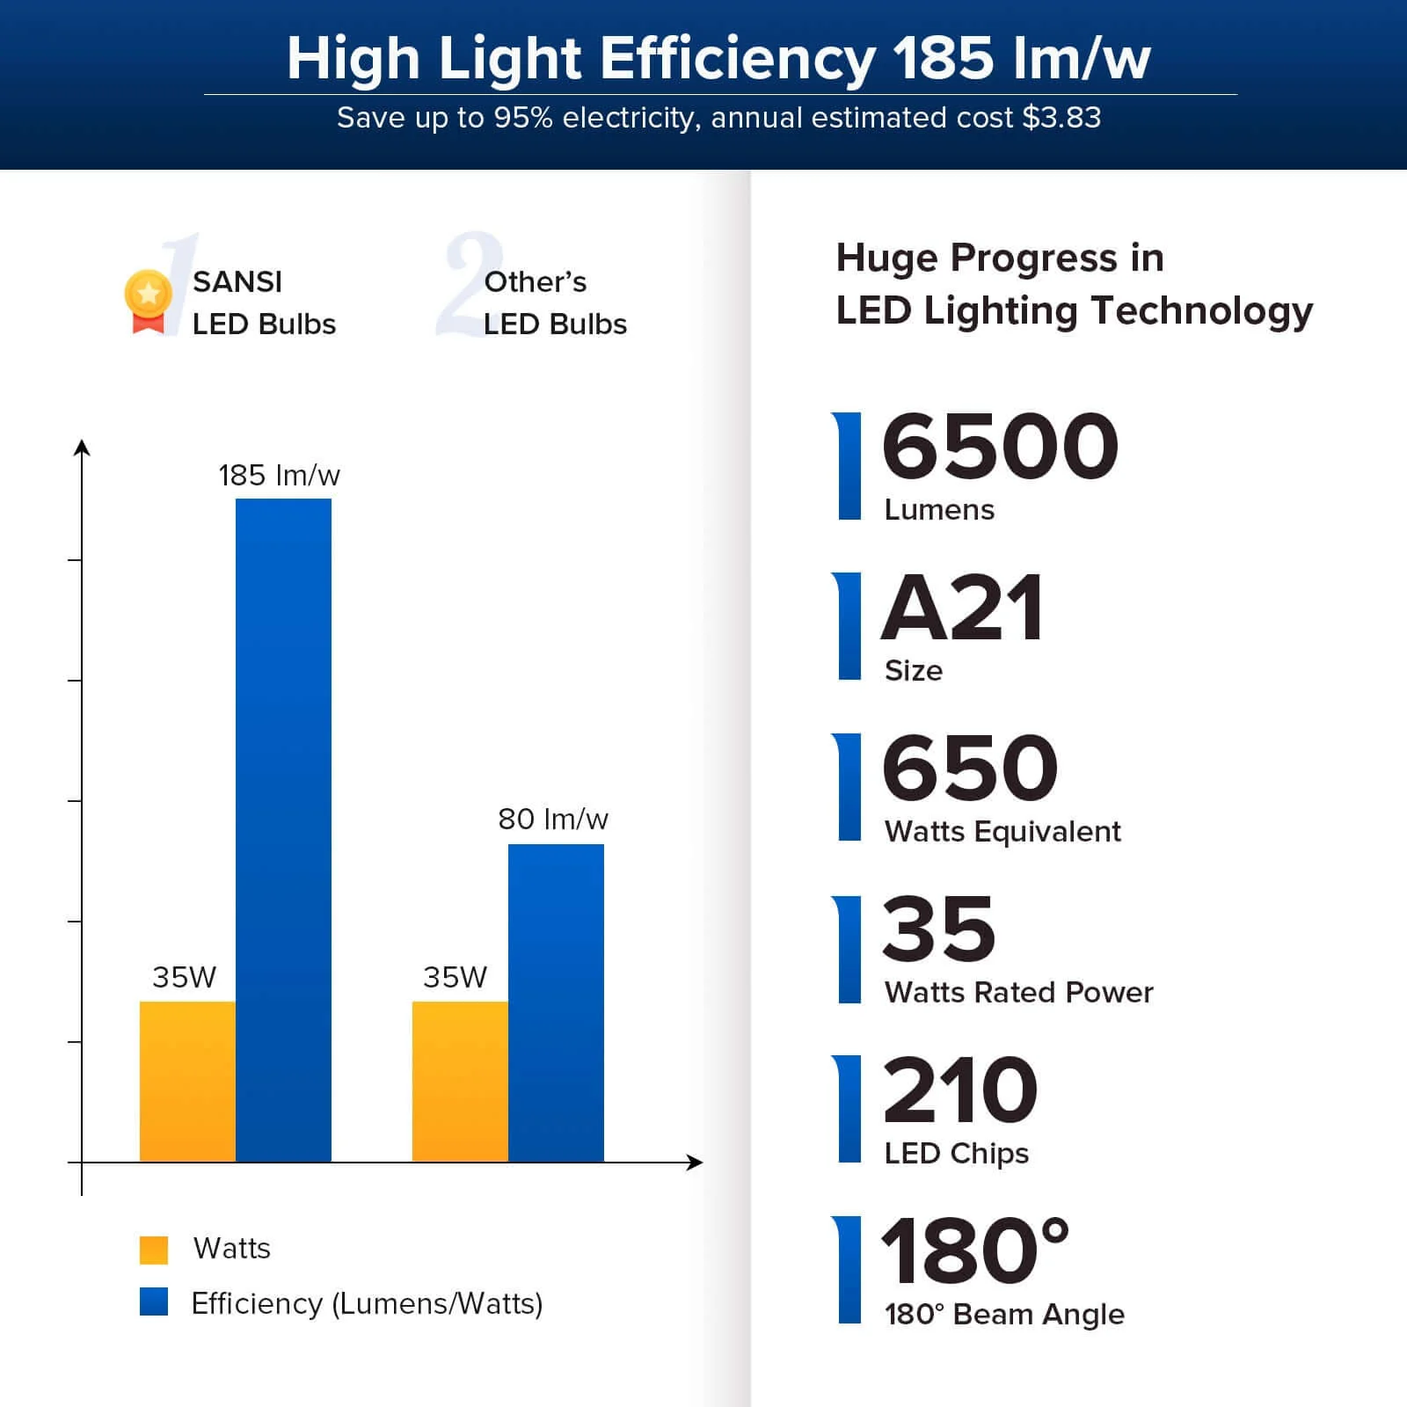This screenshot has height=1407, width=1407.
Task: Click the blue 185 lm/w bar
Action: click(x=283, y=829)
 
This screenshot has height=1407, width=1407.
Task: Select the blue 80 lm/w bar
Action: click(x=556, y=1002)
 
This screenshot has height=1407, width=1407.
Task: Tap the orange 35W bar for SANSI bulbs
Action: click(x=187, y=1081)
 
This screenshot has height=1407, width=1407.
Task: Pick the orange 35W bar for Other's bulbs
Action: click(x=460, y=1081)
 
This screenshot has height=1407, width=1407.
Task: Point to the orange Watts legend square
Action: click(x=154, y=1250)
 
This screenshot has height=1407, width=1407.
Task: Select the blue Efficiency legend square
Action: click(x=154, y=1302)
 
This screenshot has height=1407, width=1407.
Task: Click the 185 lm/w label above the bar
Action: click(x=279, y=476)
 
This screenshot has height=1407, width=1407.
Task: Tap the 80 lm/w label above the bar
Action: click(x=552, y=820)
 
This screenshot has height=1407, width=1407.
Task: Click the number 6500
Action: click(x=1000, y=447)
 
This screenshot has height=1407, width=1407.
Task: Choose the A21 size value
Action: click(x=963, y=609)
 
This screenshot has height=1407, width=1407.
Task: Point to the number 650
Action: click(x=970, y=769)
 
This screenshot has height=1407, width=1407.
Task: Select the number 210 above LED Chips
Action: click(x=960, y=1090)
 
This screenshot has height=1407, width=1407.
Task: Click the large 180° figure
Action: click(x=974, y=1250)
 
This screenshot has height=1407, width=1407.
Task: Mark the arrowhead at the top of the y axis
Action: click(x=82, y=448)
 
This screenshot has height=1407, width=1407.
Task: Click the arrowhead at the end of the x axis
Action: click(x=695, y=1163)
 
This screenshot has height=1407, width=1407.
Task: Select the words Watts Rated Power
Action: click(x=1018, y=993)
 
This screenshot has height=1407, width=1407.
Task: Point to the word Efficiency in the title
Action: click(x=737, y=59)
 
